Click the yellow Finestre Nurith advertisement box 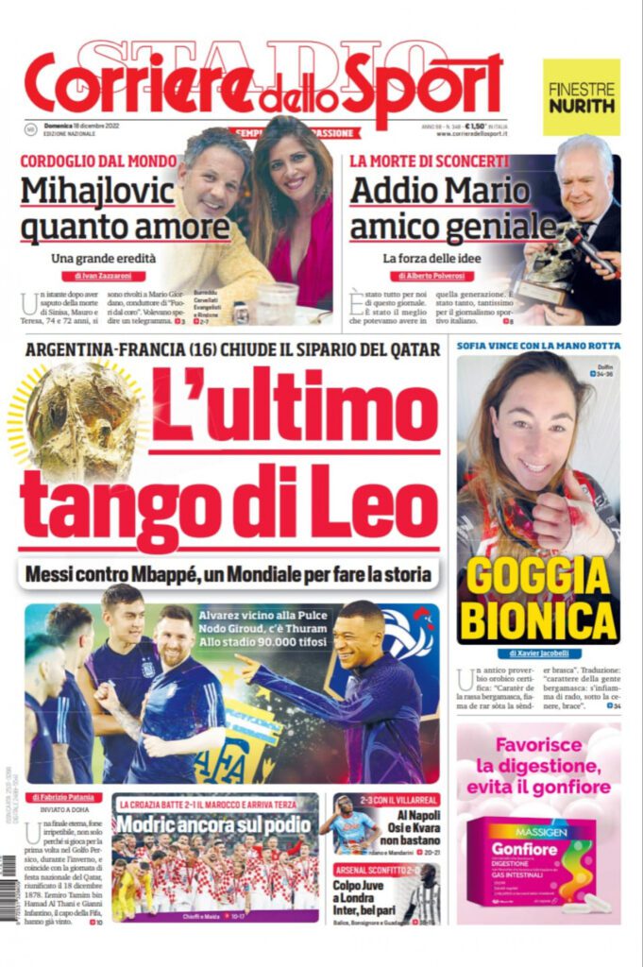click(581, 96)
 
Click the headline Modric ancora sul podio click(214, 823)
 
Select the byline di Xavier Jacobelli click(537, 653)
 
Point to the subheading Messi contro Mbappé click(227, 573)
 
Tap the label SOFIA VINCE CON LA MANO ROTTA click(537, 346)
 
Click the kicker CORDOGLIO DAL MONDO click(98, 161)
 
